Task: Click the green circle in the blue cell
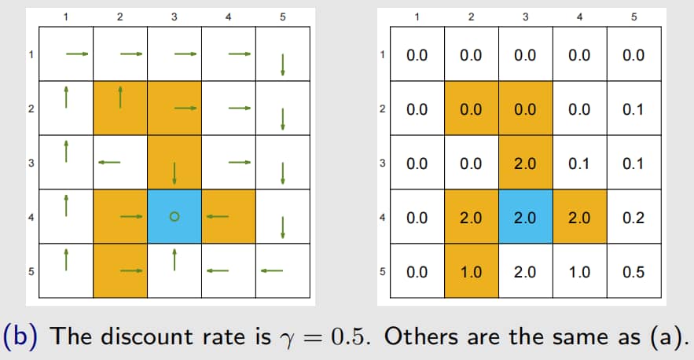[x=174, y=216]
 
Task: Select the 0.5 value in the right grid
[x=633, y=272]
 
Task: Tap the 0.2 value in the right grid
[x=633, y=218]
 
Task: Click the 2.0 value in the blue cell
[x=525, y=218]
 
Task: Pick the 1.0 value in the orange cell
[x=471, y=272]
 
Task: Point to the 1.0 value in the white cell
[x=579, y=272]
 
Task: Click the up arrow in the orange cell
[x=120, y=97]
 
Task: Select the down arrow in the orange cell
[x=174, y=173]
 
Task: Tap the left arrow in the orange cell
[x=218, y=216]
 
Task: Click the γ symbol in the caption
[x=288, y=340]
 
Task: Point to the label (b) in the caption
[x=20, y=336]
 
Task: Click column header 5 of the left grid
[x=283, y=17]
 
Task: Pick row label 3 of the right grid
[x=383, y=163]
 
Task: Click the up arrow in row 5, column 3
[x=174, y=260]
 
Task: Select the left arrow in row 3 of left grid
[x=109, y=163]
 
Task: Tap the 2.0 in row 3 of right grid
[x=525, y=163]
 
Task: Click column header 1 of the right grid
[x=417, y=17]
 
